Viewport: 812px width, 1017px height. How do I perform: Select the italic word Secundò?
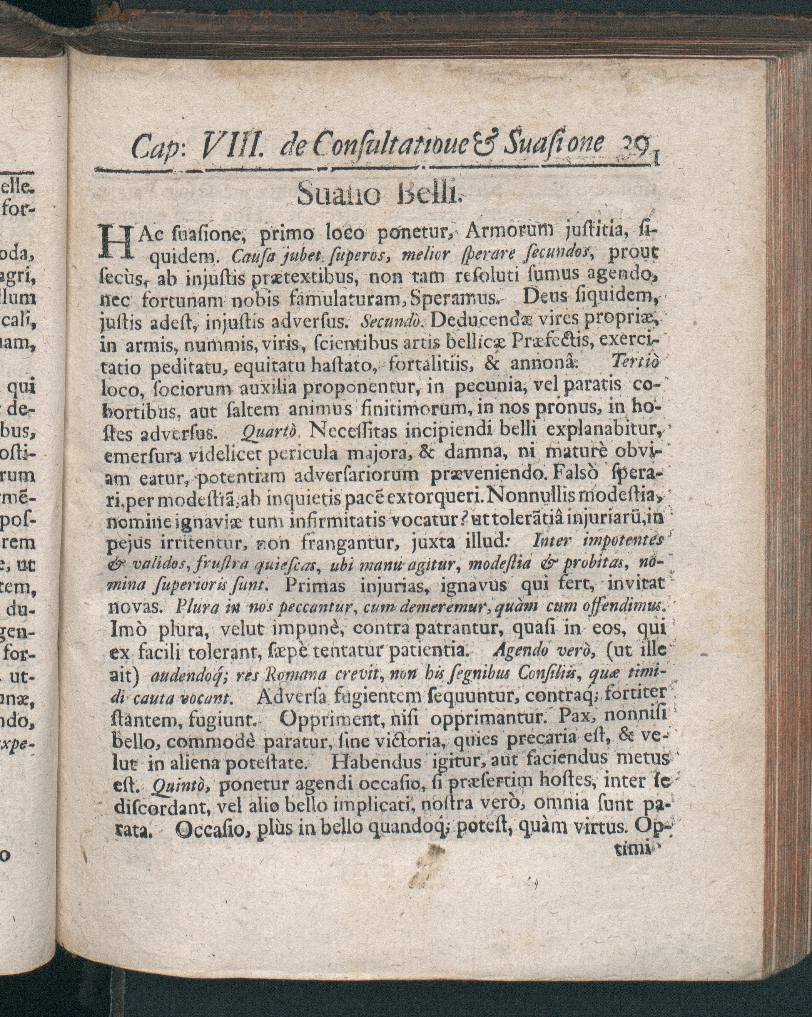(394, 323)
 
